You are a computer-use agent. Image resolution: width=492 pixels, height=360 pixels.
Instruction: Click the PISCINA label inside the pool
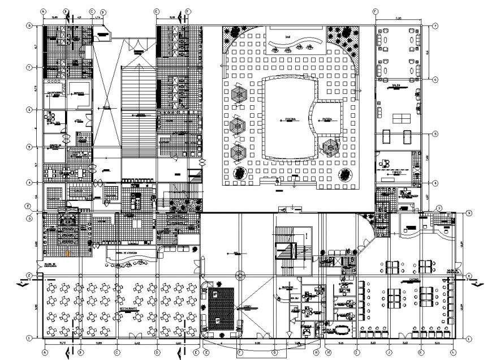click(291, 119)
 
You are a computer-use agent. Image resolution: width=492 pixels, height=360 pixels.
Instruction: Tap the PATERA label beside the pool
click(327, 119)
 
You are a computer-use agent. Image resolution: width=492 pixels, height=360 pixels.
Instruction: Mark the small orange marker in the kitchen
click(68, 253)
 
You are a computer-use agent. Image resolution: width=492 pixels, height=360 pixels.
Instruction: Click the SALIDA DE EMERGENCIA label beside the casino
click(452, 271)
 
